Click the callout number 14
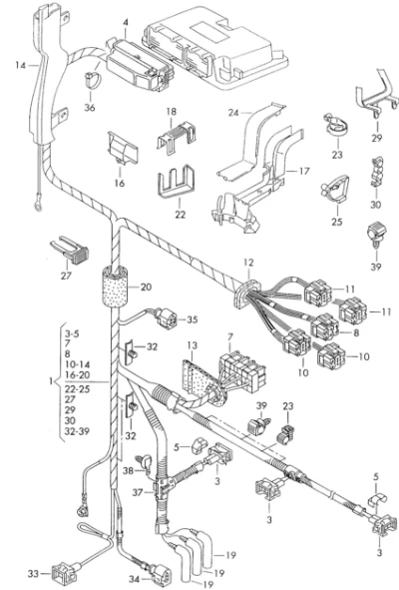[x=21, y=66]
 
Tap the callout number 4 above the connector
[x=126, y=23]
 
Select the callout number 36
[x=90, y=108]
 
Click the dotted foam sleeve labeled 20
[x=116, y=288]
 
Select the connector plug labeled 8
[x=323, y=325]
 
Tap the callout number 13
[x=192, y=345]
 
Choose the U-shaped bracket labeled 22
[x=177, y=187]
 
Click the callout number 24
[x=233, y=112]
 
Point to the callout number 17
[x=304, y=171]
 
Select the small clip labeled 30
[x=376, y=174]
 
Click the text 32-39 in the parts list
[x=77, y=431]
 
